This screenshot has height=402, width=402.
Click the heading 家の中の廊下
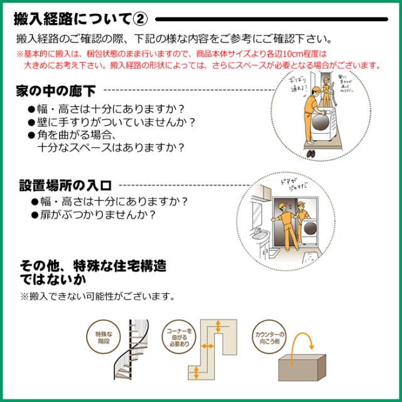pyautogui.click(x=55, y=92)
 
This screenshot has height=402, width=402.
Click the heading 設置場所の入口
pyautogui.click(x=65, y=186)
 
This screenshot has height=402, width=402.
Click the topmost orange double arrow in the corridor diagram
pyautogui.click(x=217, y=325)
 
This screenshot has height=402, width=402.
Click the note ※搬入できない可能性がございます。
pyautogui.click(x=97, y=295)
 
